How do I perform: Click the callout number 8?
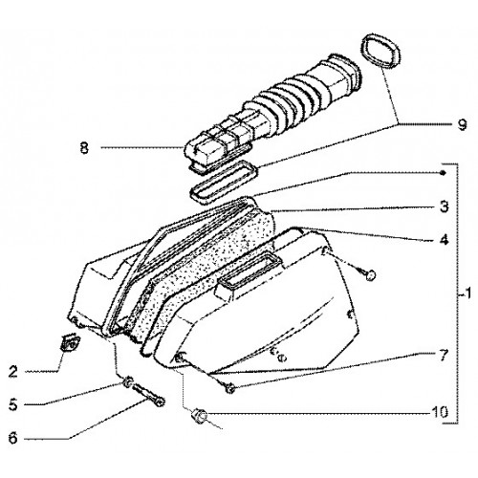pos(84,148)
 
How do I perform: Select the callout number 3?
pos(444,206)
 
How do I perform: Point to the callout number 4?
pos(444,239)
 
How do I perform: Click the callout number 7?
pos(443,356)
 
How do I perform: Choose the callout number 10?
pos(440,412)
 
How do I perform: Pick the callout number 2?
pos(13,371)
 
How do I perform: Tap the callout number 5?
pos(13,404)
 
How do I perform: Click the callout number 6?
pos(13,438)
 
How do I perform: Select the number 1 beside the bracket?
pos(467,293)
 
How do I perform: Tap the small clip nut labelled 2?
pos(70,342)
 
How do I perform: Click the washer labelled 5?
pos(128,382)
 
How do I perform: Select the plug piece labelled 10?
pos(199,417)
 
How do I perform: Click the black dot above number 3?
pos(443,173)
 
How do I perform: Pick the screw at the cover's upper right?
pos(368,273)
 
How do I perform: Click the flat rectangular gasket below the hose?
pos(223,182)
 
